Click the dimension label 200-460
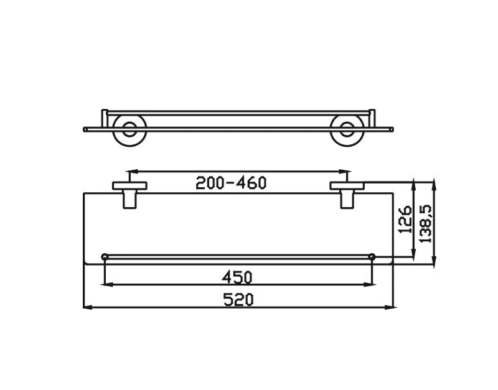pyautogui.click(x=231, y=183)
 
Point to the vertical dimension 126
pyautogui.click(x=406, y=219)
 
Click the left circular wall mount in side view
pyautogui.click(x=129, y=129)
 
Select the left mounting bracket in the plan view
pyautogui.click(x=129, y=193)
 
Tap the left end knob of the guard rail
pyautogui.click(x=105, y=256)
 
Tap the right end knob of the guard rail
pyautogui.click(x=372, y=256)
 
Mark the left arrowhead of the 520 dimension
pyautogui.click(x=87, y=307)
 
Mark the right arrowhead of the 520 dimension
pyautogui.click(x=391, y=307)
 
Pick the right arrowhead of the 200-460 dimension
pyautogui.click(x=348, y=170)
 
